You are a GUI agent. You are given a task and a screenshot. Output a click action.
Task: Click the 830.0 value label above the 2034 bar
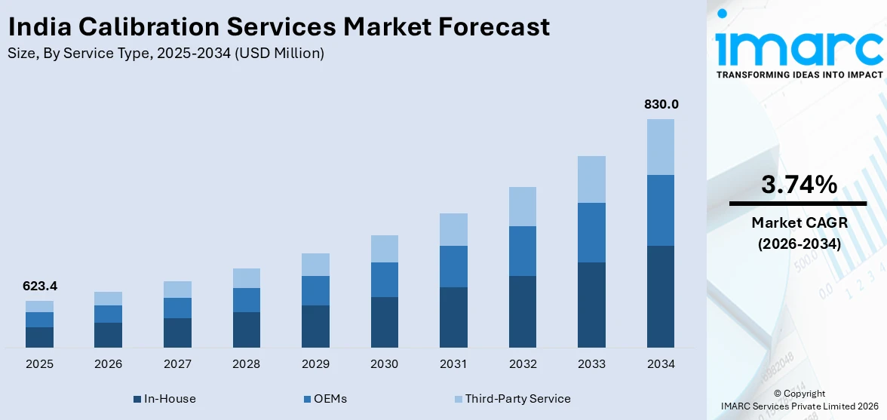pos(661,105)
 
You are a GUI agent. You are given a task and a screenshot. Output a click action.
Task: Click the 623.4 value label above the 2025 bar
pos(40,287)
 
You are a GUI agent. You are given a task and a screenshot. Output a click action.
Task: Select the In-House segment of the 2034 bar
pos(661,296)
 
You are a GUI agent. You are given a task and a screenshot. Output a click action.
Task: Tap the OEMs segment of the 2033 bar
pos(591,232)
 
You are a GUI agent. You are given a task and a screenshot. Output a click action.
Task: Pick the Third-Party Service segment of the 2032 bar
pos(523,207)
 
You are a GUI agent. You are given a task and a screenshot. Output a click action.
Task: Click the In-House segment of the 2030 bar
pos(385,322)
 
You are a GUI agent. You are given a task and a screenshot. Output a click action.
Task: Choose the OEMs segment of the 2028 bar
pos(247,300)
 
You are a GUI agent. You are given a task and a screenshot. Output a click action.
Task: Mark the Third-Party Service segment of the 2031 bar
pos(453,229)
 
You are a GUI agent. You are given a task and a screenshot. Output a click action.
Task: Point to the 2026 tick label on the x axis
pos(109,364)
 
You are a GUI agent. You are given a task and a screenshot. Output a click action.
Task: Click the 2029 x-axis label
pos(315,364)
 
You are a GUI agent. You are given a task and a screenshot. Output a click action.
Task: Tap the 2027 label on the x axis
pos(177,364)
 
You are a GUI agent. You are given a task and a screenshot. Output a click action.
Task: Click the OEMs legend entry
pos(326,398)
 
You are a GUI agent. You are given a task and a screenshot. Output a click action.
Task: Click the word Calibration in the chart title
pos(152,28)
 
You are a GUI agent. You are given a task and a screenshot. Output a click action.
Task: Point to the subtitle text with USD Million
pos(166,53)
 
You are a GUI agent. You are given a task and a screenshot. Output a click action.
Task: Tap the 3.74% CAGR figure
pos(798,185)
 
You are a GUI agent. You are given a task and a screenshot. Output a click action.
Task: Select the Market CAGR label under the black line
pos(798,222)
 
